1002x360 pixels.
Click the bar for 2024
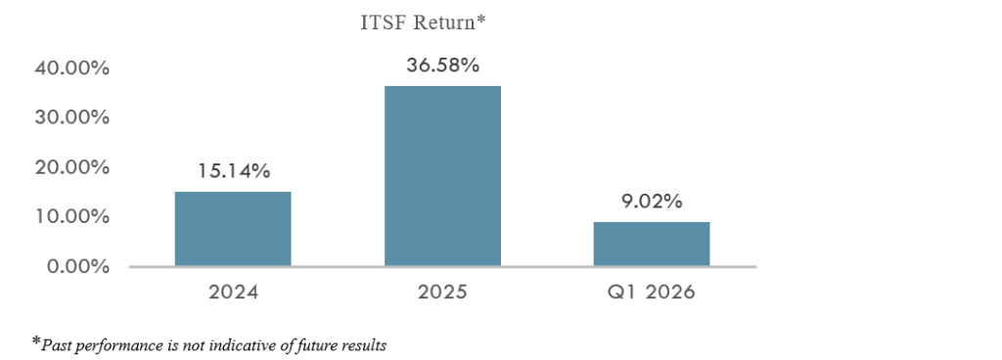coord(233,229)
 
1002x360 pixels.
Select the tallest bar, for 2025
coord(442,175)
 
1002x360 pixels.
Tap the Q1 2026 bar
coord(651,244)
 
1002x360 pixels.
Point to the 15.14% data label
coord(233,171)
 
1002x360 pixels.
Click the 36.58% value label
coord(442,66)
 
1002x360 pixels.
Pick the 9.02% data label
coord(651,202)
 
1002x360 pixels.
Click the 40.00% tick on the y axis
coord(71,68)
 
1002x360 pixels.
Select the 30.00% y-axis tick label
coord(71,118)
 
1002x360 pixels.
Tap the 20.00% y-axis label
coord(71,168)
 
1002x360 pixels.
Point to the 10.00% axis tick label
coord(71,217)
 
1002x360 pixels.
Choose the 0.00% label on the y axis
coord(77,267)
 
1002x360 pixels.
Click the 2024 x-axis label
coord(233,292)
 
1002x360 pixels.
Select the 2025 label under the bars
coord(442,292)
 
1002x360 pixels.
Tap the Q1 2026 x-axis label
coord(651,292)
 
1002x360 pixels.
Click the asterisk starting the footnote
coord(36,343)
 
